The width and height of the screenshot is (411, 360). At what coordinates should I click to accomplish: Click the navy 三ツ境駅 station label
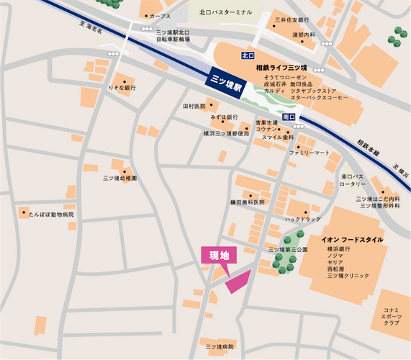tap(225, 78)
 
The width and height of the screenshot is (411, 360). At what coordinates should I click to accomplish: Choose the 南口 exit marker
tap(289, 115)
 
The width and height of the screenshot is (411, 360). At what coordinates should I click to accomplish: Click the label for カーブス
tap(161, 16)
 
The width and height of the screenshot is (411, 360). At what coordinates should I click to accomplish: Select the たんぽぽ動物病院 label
tap(50, 215)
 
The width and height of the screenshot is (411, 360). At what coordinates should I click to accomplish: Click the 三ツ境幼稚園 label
tap(119, 178)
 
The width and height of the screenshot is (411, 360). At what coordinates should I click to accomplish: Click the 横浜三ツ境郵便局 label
tap(226, 133)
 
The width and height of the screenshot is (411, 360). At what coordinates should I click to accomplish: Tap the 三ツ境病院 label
tap(220, 346)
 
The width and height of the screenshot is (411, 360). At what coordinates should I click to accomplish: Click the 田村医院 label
tap(194, 107)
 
